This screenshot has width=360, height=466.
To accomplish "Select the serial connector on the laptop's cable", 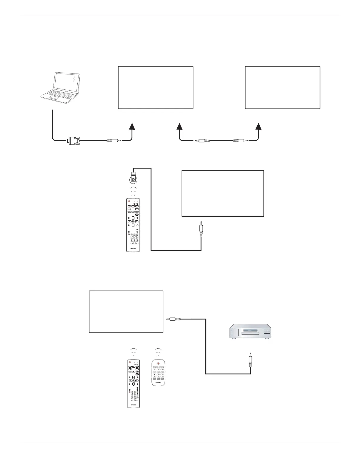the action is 73,140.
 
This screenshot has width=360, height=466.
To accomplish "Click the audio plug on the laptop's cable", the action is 113,141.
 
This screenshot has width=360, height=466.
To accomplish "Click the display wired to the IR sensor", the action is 223,193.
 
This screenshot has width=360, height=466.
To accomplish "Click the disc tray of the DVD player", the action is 250,333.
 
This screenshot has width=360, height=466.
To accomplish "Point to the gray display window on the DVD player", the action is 249,330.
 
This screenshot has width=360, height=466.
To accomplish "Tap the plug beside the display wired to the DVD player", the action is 174,319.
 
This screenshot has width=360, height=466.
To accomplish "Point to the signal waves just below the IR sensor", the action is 134,191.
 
